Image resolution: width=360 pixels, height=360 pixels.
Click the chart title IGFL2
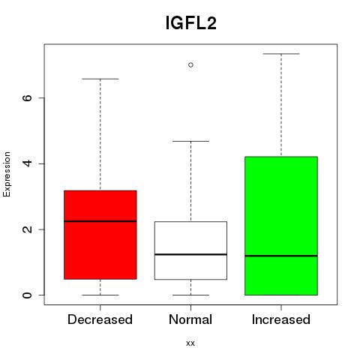click(x=190, y=23)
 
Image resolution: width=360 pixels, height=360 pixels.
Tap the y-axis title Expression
click(x=7, y=175)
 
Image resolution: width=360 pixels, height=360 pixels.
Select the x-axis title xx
click(x=190, y=343)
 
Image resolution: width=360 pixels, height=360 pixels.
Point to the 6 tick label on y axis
click(x=27, y=97)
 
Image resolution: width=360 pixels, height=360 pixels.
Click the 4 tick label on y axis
click(x=27, y=163)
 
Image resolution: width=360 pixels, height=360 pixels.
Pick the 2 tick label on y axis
click(x=27, y=229)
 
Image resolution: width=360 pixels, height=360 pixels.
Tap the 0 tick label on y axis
click(x=27, y=295)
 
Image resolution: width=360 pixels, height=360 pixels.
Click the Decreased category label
click(x=100, y=319)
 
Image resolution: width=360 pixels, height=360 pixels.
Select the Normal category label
click(x=190, y=319)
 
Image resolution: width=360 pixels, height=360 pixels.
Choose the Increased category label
click(x=281, y=319)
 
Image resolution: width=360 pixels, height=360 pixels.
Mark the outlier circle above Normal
click(x=190, y=65)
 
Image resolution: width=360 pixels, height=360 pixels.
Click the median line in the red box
click(x=100, y=221)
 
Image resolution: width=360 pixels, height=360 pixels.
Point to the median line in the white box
click(x=190, y=254)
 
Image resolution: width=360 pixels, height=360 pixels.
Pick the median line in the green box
click(x=281, y=256)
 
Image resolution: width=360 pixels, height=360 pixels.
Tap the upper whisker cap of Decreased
click(x=100, y=79)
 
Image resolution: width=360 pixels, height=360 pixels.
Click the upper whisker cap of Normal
click(x=190, y=141)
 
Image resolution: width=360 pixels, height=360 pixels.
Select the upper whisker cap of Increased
click(x=281, y=54)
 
